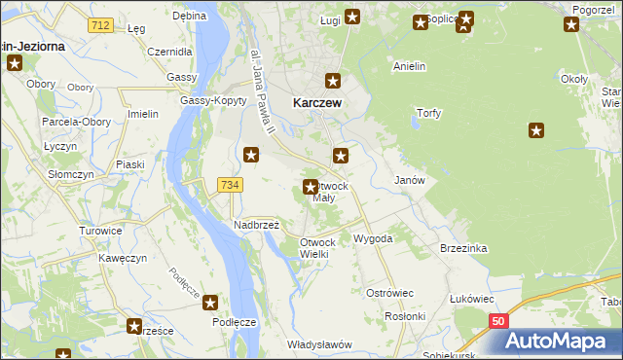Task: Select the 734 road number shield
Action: (230, 185)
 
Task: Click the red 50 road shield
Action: (497, 320)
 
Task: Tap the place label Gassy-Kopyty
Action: (204, 101)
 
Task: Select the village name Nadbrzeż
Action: (257, 224)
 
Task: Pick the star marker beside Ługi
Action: (352, 17)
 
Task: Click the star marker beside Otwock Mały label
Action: (311, 187)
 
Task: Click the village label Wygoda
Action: (373, 237)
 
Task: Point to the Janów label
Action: (409, 180)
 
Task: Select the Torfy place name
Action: (428, 113)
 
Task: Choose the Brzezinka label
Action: (462, 248)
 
